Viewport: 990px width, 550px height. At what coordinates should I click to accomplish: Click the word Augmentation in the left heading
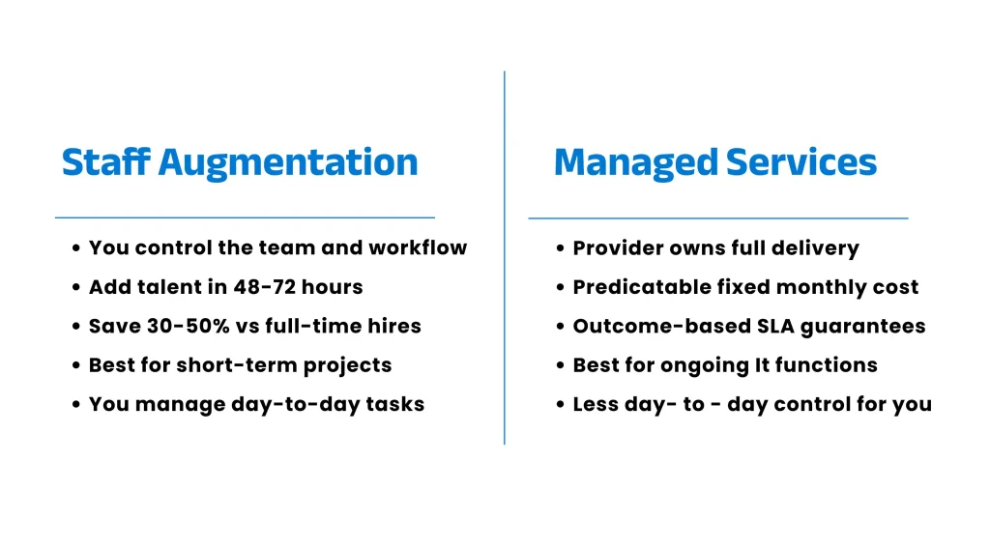[288, 162]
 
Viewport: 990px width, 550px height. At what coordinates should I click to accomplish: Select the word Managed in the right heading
[636, 161]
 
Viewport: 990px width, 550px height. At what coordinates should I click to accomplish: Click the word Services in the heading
[801, 161]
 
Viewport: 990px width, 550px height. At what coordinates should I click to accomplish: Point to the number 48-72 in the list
[260, 287]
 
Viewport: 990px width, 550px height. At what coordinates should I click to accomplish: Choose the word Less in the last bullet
[595, 404]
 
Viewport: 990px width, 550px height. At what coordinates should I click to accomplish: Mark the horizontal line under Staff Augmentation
[245, 217]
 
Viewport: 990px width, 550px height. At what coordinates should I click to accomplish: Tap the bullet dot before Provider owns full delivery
[561, 249]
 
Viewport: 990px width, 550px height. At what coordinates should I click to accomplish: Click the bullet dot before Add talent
[76, 288]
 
